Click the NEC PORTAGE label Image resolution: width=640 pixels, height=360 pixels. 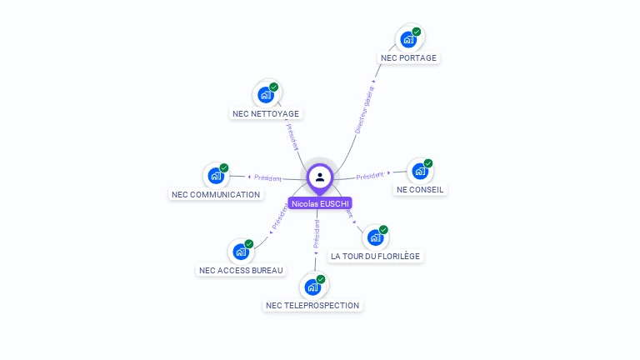coord(408,58)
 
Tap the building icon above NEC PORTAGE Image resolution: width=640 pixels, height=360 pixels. coord(407,39)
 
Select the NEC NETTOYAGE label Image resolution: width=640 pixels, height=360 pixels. coord(266,113)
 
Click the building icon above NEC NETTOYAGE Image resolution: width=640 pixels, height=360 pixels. coord(266,95)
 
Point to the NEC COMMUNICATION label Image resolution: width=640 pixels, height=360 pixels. coord(216,194)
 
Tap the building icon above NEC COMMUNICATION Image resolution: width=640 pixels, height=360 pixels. coord(216,176)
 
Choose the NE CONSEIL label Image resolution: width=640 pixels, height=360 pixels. coord(421,189)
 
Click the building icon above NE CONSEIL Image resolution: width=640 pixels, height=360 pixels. coord(420,171)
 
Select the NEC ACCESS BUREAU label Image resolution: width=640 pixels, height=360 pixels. coord(241,270)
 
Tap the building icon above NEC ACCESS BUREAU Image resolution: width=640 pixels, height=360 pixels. coord(241,252)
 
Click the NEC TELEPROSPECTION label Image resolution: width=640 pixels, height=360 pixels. coord(312,305)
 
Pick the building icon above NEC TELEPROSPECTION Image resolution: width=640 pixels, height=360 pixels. coord(312,287)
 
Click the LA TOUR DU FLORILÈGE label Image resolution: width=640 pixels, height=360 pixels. coord(375,256)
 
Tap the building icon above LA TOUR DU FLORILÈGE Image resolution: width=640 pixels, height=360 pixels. coord(375,237)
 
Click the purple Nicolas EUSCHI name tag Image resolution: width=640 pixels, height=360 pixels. coord(320,203)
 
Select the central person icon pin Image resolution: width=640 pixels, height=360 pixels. coord(320,177)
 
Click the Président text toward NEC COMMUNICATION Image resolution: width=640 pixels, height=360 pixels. coord(267,177)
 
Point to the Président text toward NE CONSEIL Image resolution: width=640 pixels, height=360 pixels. coord(370,176)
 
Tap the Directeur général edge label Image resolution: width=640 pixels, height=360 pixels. coord(365,108)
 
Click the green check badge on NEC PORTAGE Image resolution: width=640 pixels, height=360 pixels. coord(417,32)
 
